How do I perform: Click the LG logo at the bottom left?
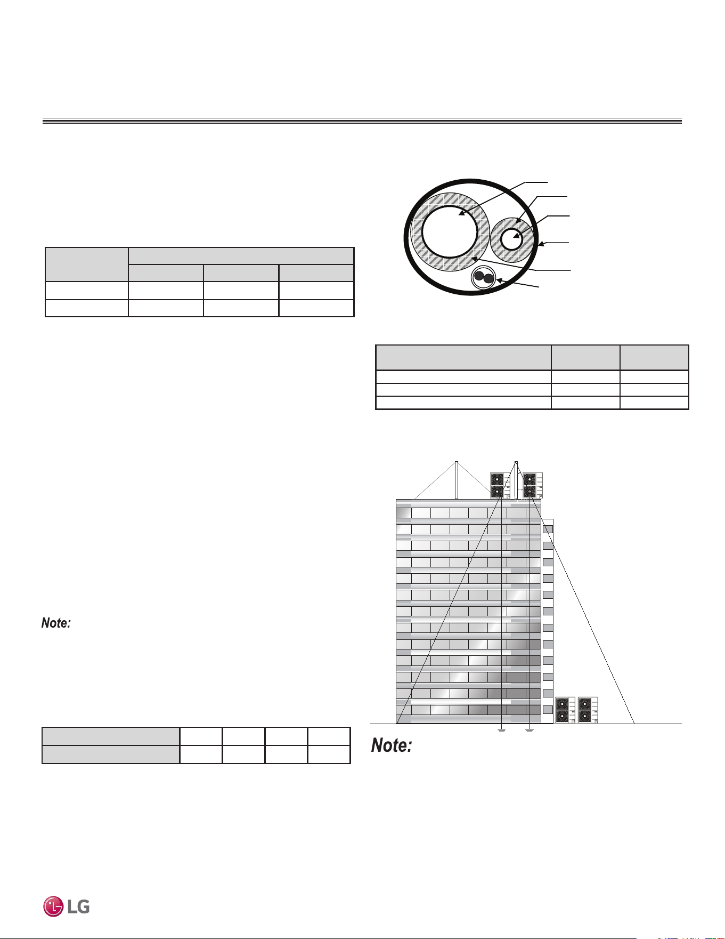coord(67,906)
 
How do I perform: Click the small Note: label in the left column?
coord(56,623)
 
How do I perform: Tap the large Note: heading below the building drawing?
coord(392,745)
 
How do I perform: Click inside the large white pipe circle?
coord(449,232)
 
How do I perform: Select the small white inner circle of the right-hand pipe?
coord(512,238)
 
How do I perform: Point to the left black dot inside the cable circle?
coord(479,276)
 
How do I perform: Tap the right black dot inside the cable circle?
coord(488,278)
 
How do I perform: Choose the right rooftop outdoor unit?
coord(532,485)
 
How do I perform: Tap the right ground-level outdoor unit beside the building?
coord(588,710)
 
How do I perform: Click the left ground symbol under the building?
coord(501,730)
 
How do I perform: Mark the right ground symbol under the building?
coord(530,730)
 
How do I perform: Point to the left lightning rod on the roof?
coord(457,480)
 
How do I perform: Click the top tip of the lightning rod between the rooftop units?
coord(516,461)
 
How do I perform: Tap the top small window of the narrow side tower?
coord(548,529)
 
